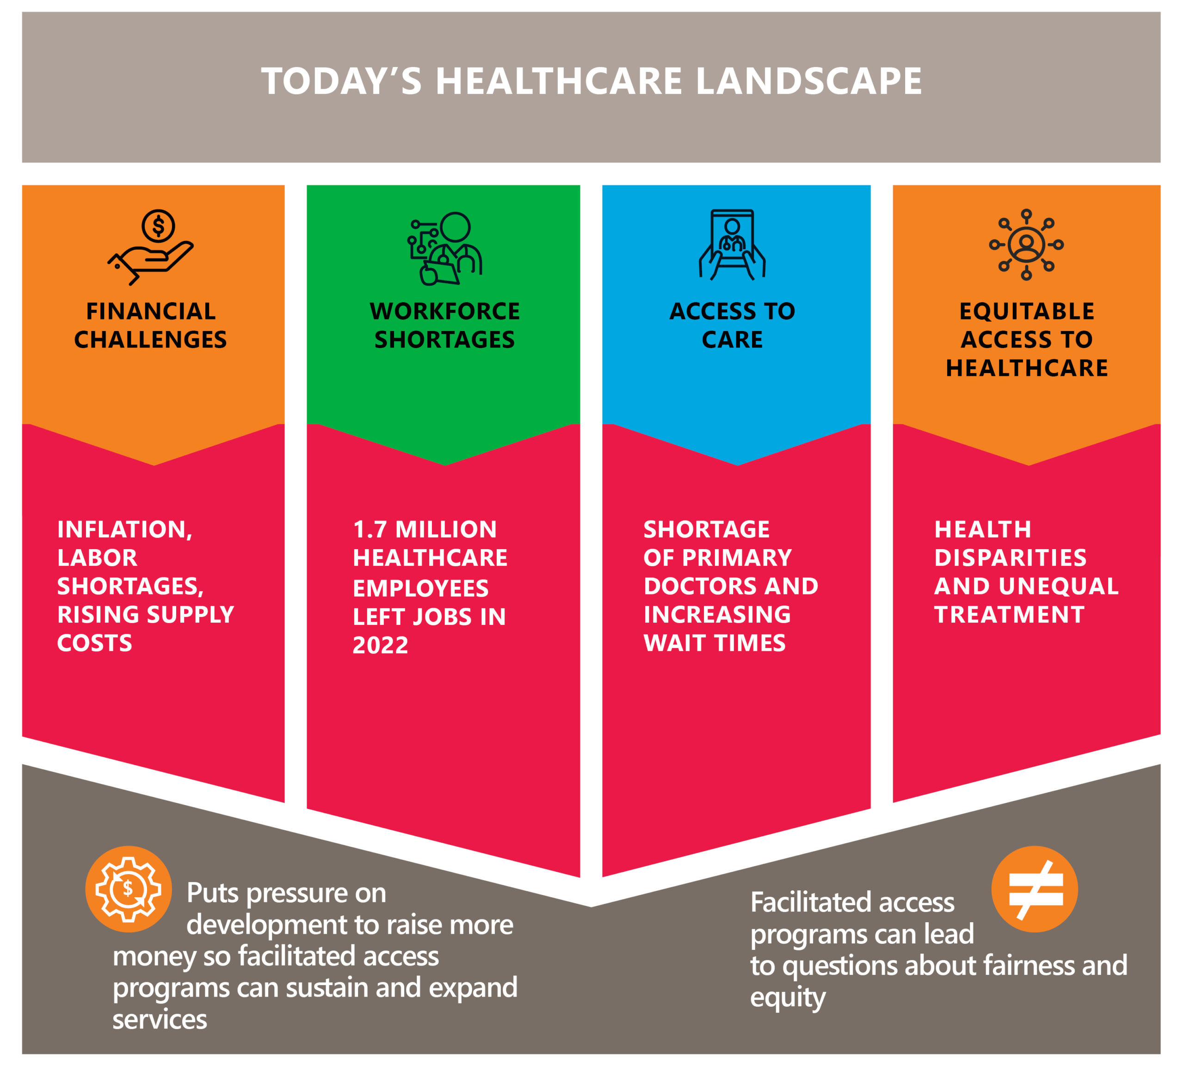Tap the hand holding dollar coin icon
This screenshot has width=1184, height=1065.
[x=150, y=247]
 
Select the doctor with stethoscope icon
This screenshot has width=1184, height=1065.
[x=444, y=248]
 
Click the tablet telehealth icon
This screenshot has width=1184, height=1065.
[x=732, y=245]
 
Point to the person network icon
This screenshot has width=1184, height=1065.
[x=1026, y=245]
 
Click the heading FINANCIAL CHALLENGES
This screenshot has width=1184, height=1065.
[x=150, y=325]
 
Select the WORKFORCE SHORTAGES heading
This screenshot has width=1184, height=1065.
[x=444, y=325]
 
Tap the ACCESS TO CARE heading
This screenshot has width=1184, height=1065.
[x=732, y=325]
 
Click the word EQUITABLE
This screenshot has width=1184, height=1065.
[x=1026, y=311]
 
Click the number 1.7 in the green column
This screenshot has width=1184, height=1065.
[x=370, y=530]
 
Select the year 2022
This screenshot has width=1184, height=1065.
[x=380, y=645]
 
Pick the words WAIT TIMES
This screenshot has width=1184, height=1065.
[x=715, y=643]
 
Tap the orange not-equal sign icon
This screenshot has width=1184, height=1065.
[x=1035, y=889]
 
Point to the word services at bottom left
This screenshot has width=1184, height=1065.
[x=160, y=1019]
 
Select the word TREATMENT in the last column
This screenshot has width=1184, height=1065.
[x=1009, y=615]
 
